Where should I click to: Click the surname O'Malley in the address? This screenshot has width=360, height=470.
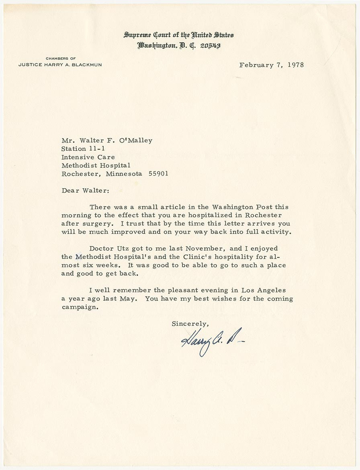(x=134, y=140)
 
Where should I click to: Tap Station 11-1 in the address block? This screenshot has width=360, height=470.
(x=86, y=149)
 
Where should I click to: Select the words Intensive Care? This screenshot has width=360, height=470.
(x=88, y=157)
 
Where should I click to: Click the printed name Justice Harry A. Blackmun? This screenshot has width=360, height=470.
(x=60, y=65)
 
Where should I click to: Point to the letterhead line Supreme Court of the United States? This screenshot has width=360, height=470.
(x=179, y=35)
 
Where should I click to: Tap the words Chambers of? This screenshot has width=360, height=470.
(x=60, y=59)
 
